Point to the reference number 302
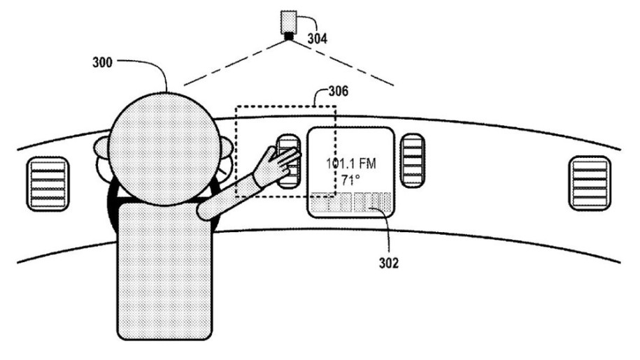coord(389,263)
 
